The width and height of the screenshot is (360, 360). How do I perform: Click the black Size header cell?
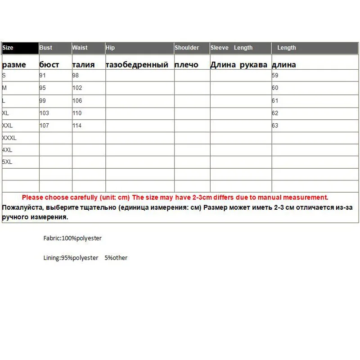click(x=20, y=48)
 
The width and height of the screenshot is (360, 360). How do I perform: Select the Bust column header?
click(x=46, y=48)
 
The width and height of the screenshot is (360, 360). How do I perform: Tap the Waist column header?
click(x=80, y=48)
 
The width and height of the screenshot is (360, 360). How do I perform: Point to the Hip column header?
click(x=110, y=48)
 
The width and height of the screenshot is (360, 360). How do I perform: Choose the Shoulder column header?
click(x=187, y=48)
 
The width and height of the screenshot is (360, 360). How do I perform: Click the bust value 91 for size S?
click(x=43, y=76)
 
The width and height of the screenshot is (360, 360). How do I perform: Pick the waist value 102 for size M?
click(x=77, y=88)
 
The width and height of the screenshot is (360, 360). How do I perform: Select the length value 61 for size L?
click(x=275, y=101)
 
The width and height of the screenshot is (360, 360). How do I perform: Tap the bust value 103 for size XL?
click(x=44, y=113)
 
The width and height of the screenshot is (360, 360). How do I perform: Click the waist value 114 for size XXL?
click(x=77, y=126)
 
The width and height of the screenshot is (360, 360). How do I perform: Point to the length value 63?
click(x=275, y=126)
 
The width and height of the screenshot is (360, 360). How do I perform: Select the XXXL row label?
click(x=9, y=138)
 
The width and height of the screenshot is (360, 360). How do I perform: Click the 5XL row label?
click(x=7, y=161)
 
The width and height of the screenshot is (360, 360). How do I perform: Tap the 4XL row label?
click(x=7, y=150)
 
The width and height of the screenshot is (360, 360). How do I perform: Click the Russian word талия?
click(x=84, y=65)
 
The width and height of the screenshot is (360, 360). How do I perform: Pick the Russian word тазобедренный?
click(x=137, y=65)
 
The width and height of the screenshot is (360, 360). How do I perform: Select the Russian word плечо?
click(x=186, y=65)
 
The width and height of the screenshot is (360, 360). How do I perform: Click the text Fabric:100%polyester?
click(x=69, y=238)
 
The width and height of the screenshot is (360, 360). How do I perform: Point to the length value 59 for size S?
click(x=275, y=76)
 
